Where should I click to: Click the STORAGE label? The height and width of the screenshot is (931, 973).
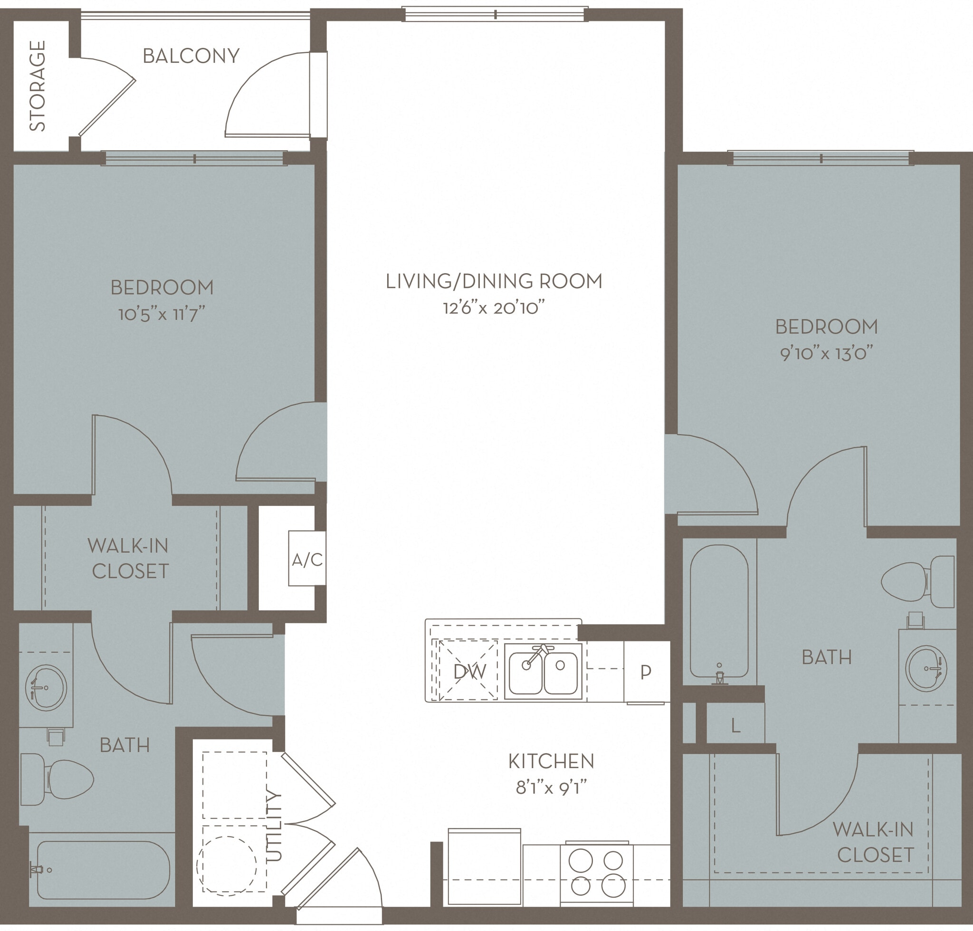click(x=38, y=85)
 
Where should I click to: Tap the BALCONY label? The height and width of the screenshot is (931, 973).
click(x=191, y=56)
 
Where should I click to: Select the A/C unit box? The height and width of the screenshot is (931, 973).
click(x=307, y=560)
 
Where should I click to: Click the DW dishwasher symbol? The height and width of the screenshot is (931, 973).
click(x=469, y=672)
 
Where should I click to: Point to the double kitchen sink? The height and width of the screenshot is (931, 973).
click(x=543, y=671)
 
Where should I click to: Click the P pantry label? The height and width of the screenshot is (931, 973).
click(x=645, y=672)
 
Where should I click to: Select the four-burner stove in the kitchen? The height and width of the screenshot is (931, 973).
click(x=596, y=873)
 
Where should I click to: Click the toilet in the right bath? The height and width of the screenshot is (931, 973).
click(x=918, y=581)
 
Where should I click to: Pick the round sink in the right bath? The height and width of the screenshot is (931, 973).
click(x=926, y=668)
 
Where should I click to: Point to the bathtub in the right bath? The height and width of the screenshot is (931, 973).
click(x=719, y=611)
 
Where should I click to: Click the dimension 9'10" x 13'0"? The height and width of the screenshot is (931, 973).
click(x=826, y=354)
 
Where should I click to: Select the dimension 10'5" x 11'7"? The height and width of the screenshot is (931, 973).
click(x=162, y=314)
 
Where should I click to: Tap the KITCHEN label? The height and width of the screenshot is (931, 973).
click(x=551, y=761)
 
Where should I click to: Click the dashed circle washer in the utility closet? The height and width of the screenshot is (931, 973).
click(x=227, y=865)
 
